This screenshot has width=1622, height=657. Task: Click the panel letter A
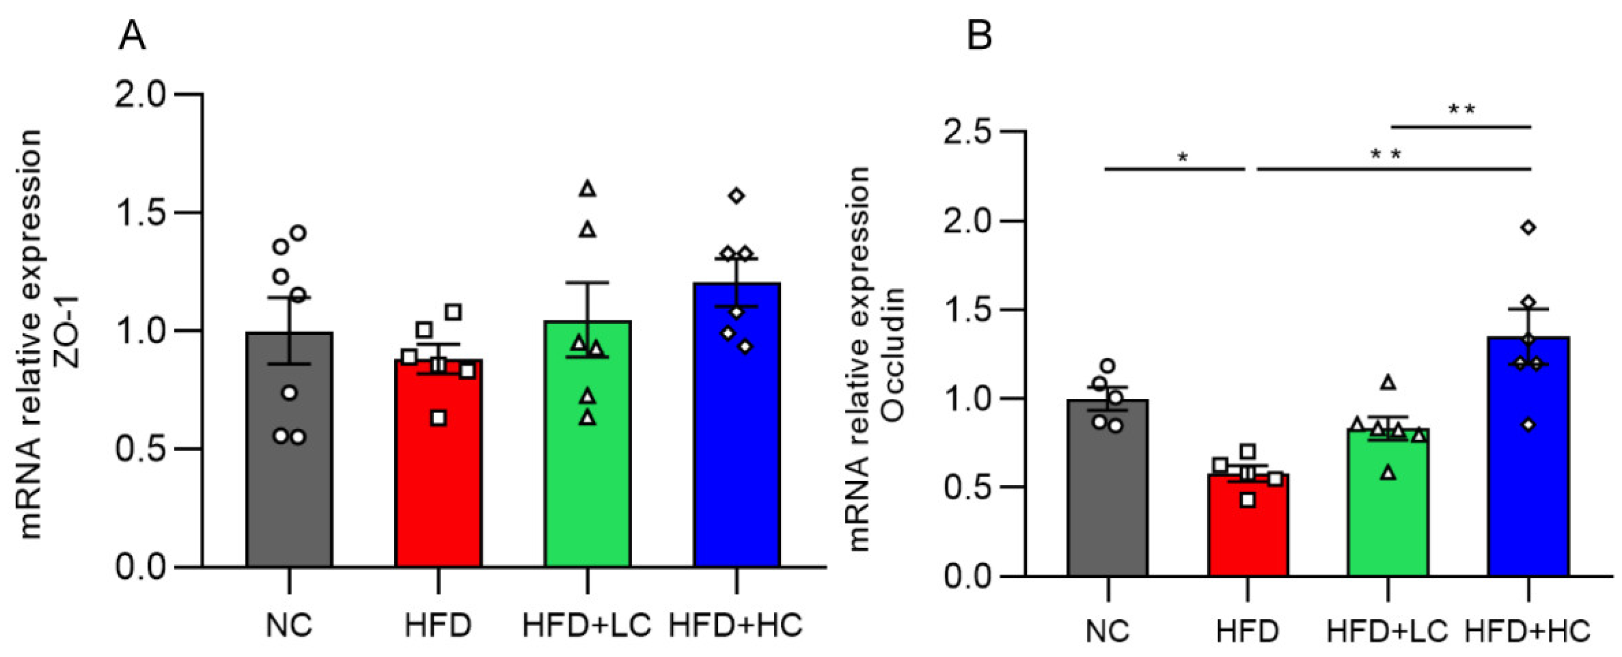(132, 37)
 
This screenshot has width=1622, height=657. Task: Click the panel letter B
(979, 37)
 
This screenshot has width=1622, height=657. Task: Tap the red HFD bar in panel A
(438, 491)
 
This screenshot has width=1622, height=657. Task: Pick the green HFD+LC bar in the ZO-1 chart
(588, 473)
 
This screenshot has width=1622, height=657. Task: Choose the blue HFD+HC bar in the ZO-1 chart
(737, 454)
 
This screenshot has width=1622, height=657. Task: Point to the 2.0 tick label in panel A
(139, 95)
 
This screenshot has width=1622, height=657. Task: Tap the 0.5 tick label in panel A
(139, 449)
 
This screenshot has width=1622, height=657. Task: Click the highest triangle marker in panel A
(588, 188)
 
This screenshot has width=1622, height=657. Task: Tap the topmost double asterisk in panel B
(1461, 109)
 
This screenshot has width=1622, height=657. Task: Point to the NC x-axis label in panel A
(289, 625)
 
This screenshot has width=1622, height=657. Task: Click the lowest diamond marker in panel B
(1528, 425)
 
